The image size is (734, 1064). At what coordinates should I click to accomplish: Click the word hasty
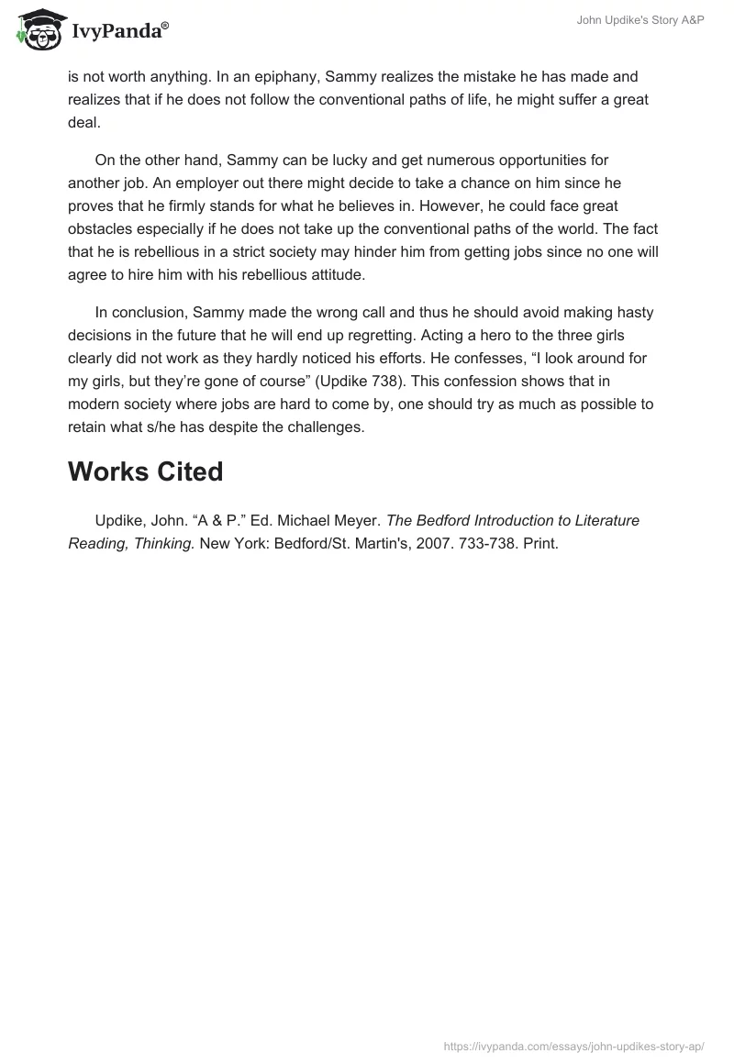[626, 312]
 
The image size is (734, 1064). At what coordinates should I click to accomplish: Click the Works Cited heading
[145, 471]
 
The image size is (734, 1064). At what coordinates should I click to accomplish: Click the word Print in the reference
[540, 542]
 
